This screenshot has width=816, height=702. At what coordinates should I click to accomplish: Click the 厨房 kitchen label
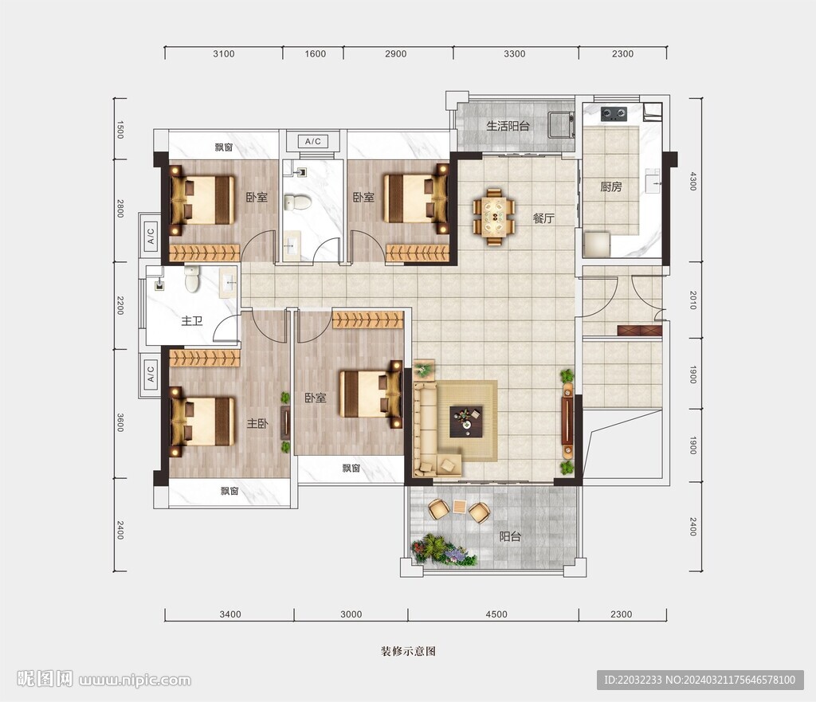click(x=611, y=186)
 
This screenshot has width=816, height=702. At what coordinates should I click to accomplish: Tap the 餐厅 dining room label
click(x=543, y=218)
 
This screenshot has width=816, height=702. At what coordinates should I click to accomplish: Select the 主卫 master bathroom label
click(x=191, y=320)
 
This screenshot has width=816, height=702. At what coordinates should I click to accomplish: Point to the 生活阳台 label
click(x=508, y=126)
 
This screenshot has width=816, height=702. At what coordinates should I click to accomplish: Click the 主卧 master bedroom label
click(x=257, y=424)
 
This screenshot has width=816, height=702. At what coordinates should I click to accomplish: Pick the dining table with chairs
click(x=493, y=216)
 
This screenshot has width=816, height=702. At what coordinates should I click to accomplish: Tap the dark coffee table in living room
click(x=465, y=421)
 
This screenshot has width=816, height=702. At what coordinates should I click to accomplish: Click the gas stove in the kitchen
click(x=614, y=113)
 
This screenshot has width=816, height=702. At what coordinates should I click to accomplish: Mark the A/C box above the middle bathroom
click(x=312, y=141)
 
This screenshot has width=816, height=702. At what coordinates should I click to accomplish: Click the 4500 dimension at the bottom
click(x=496, y=614)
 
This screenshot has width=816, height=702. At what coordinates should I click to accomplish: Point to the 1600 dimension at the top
click(x=315, y=53)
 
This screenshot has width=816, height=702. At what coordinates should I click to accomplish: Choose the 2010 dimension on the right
click(x=692, y=300)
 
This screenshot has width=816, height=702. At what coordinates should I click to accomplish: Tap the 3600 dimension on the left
click(x=120, y=422)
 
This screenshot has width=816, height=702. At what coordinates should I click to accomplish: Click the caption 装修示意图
click(x=408, y=651)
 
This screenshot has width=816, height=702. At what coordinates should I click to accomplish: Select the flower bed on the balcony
click(x=443, y=550)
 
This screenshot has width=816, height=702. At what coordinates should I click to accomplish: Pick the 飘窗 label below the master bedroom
click(x=229, y=491)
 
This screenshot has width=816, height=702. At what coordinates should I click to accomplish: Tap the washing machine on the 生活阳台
click(x=562, y=124)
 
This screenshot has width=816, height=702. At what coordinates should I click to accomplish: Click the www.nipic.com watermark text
click(x=135, y=680)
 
